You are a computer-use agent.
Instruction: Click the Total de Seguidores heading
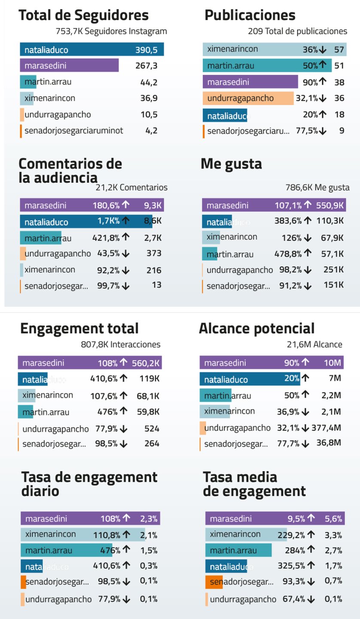coord(83,15)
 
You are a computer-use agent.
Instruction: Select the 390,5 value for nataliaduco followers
coord(147,50)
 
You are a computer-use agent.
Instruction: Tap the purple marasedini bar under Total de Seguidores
coord(69,66)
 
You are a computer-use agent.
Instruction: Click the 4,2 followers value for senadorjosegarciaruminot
coord(151,131)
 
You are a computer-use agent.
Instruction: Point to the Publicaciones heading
coord(250,15)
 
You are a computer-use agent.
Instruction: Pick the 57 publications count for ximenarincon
coord(339,49)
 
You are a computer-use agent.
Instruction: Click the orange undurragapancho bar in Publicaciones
coord(248,98)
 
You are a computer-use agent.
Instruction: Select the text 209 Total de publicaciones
coord(297,31)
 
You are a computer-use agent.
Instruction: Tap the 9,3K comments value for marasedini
coord(153,205)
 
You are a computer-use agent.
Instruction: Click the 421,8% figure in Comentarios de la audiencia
coord(106,238)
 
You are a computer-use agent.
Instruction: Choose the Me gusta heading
coord(231,164)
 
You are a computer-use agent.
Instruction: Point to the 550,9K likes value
coord(329,205)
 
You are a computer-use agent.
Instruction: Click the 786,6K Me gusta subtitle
coord(317,187)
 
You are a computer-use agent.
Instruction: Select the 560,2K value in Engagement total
coord(146,363)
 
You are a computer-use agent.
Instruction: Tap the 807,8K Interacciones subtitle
coord(120,344)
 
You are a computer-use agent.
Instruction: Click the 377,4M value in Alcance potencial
coord(329,428)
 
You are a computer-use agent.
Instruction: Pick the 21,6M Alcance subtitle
coord(314,344)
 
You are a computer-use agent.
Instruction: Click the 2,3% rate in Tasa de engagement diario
coord(149,519)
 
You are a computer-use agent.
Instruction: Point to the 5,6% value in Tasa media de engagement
coord(333,519)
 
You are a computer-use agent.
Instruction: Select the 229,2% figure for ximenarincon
coord(300,535)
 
